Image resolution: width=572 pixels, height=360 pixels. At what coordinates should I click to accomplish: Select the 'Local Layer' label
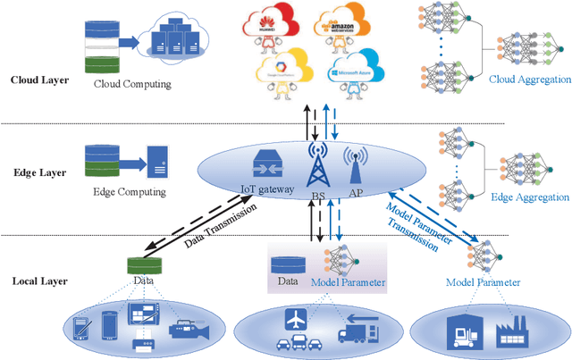click(36, 280)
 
